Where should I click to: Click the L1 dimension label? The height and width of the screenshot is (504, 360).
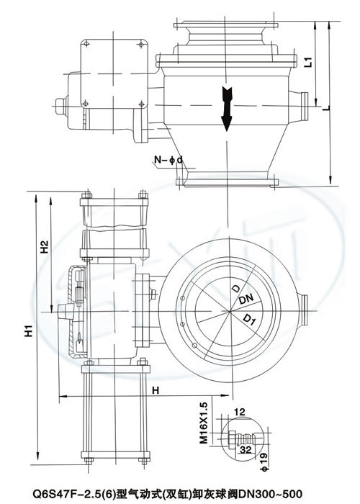tap(308, 62)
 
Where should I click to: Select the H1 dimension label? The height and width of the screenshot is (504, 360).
tap(30, 330)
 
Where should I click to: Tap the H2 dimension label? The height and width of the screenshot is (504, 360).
tap(45, 247)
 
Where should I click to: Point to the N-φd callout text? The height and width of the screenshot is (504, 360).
tap(168, 159)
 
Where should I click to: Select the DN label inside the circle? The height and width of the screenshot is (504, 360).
tap(246, 300)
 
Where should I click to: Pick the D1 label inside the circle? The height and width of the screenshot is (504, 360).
tap(250, 320)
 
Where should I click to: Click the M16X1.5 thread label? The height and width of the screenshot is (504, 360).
tap(204, 423)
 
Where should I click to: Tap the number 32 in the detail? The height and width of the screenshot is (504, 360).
tap(246, 449)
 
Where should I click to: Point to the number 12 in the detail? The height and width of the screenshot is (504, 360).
tap(239, 411)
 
